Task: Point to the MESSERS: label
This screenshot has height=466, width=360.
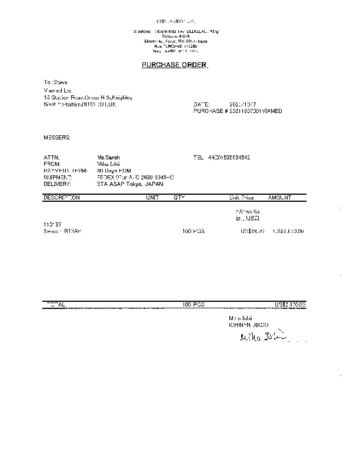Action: click(57, 137)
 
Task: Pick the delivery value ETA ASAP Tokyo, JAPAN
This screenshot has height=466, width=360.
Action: click(131, 184)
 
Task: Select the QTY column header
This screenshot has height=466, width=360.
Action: click(179, 198)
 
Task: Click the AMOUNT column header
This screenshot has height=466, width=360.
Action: click(279, 198)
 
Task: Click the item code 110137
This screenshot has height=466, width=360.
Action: click(52, 225)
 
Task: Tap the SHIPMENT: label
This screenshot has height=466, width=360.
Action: click(57, 177)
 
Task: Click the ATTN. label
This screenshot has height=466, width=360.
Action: click(51, 158)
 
